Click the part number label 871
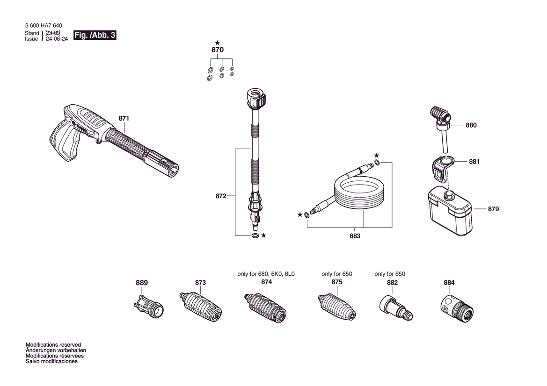124,118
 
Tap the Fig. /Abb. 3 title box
95,35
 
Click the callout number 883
355,236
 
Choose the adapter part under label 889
149,306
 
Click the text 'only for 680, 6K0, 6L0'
266,274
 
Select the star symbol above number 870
217,43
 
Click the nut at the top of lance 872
256,98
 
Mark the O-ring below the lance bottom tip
255,236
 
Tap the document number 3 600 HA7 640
44,25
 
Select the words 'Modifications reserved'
53,345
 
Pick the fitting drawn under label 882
396,308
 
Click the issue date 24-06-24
57,39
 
